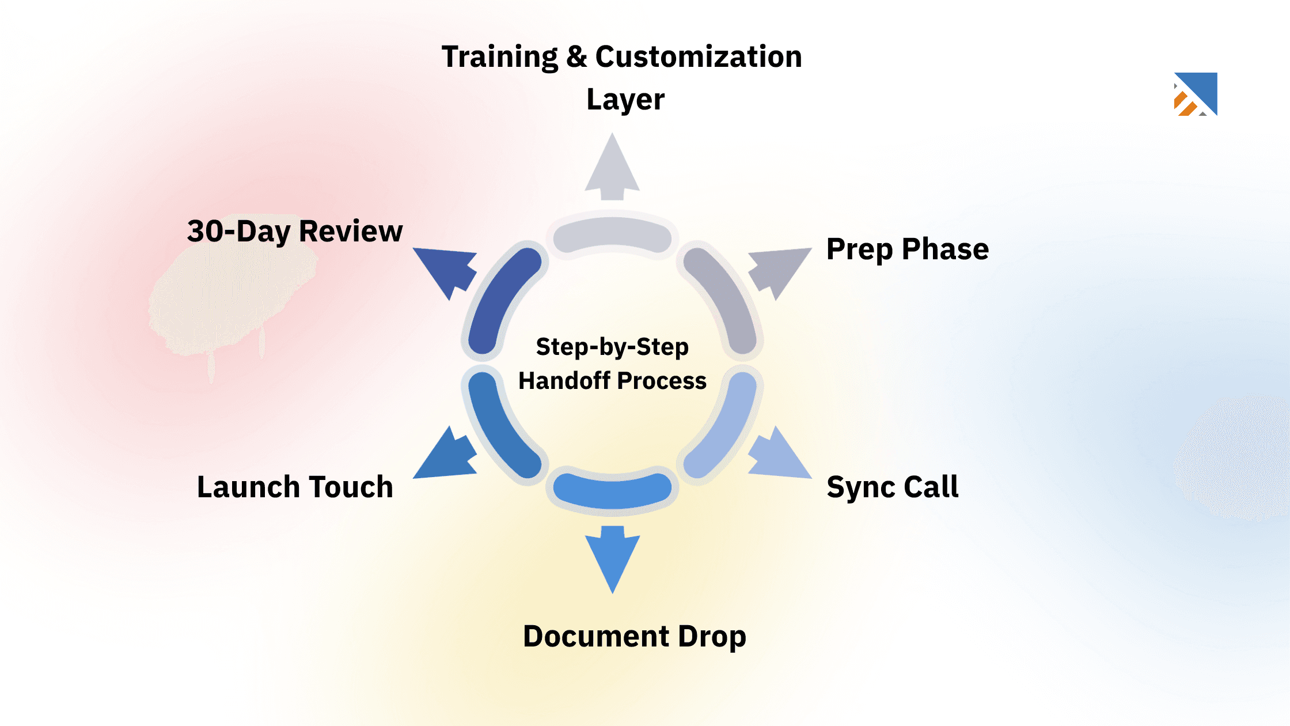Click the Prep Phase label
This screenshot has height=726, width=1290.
click(x=907, y=249)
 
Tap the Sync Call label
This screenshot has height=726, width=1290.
click(x=892, y=487)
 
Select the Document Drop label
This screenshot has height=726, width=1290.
click(x=634, y=636)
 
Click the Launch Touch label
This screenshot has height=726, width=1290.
click(x=295, y=487)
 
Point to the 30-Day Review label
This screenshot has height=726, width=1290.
click(x=295, y=231)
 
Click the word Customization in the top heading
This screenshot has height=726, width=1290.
click(x=698, y=56)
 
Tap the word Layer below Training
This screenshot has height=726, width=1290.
click(x=625, y=99)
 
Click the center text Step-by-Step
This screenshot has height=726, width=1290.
click(x=612, y=347)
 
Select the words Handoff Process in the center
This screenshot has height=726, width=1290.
click(x=612, y=381)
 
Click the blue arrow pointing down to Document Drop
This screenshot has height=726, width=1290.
click(x=612, y=556)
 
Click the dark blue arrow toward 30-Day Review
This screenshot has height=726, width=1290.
click(x=447, y=270)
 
